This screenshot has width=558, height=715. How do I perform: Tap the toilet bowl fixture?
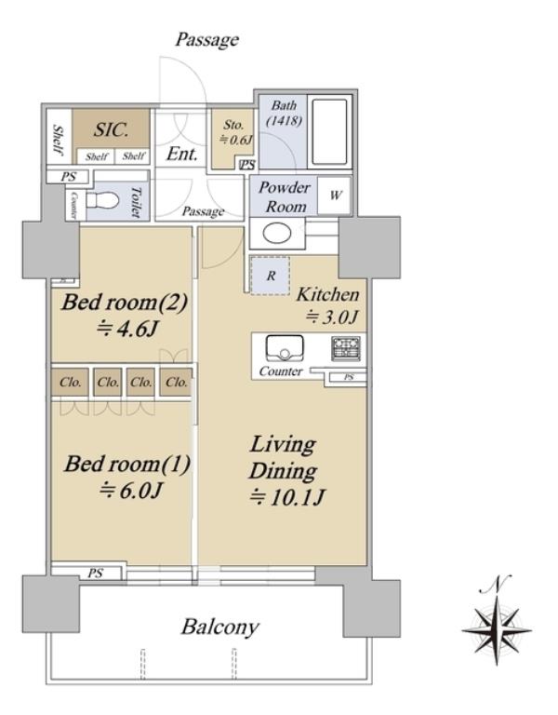pos(102,199)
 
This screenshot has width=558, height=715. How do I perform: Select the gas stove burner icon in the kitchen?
pos(345,348)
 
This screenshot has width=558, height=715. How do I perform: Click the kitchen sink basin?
pos(285,349)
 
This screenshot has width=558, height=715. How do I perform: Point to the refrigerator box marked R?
pos(271,276)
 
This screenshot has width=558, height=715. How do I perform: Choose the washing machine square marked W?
pos(335,196)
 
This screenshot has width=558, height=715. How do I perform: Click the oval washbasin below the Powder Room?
pos(277,234)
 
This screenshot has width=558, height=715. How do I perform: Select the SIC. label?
pos(112,130)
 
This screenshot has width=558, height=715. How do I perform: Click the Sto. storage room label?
pos(233,125)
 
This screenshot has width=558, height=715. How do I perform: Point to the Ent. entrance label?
pos(181,155)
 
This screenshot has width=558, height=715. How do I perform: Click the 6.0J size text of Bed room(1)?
pos(131,491)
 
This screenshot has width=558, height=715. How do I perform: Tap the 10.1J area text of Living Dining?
pos(287,496)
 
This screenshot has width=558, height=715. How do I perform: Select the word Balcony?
pos(220,627)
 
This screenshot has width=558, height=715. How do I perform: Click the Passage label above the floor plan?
pos(206,40)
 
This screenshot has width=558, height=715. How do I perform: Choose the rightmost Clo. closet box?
pos(177,382)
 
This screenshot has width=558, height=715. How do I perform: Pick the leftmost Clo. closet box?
pos(70,382)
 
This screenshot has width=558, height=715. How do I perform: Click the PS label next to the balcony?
pos(95,573)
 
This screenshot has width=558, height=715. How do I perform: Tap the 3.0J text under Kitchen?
pos(333,317)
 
